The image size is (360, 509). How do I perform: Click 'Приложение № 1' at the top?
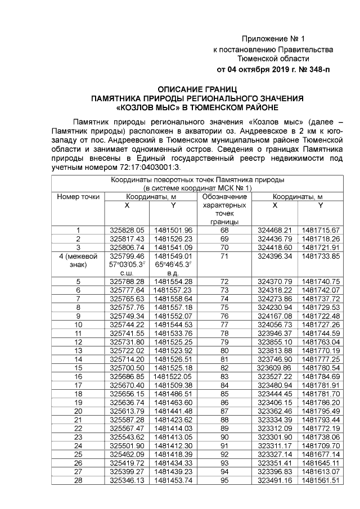[x=273, y=39]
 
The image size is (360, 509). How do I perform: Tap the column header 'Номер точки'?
[x=78, y=197]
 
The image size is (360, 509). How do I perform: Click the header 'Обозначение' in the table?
[x=224, y=197]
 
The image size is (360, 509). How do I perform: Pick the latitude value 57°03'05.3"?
[x=127, y=264]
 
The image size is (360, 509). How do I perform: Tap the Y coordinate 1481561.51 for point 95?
[x=320, y=480]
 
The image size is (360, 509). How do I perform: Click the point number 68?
[x=224, y=230]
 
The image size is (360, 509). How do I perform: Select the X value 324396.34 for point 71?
[x=274, y=256]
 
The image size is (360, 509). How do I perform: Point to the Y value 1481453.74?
[x=173, y=480]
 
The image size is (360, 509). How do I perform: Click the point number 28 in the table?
[x=78, y=480]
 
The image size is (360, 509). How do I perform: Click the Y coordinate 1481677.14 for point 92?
[x=320, y=453]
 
